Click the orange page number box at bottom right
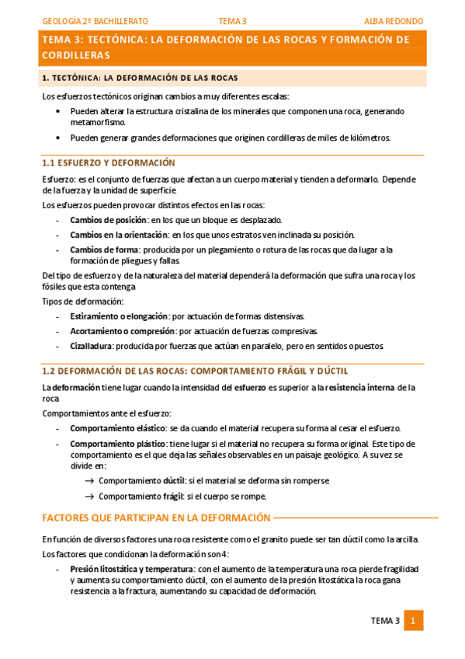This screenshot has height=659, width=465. point(413,620)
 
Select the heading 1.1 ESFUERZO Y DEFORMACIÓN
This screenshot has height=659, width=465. point(108,163)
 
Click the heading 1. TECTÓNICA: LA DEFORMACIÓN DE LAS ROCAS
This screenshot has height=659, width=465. point(140,78)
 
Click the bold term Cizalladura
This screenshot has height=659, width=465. point(92,345)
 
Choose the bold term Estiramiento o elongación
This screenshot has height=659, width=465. point(118,316)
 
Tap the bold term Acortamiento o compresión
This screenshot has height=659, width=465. point(119,331)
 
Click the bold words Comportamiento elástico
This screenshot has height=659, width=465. point(118,428)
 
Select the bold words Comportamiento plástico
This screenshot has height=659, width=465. point(118,443)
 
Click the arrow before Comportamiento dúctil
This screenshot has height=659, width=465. point(88,481)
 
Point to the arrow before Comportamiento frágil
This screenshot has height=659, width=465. point(88,497)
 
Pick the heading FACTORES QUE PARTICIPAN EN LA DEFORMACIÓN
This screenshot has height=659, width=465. point(155,518)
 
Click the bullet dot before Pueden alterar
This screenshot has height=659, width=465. point(59,112)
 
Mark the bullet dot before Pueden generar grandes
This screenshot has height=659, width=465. point(59,138)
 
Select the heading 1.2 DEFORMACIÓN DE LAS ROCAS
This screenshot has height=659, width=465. point(194,371)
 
